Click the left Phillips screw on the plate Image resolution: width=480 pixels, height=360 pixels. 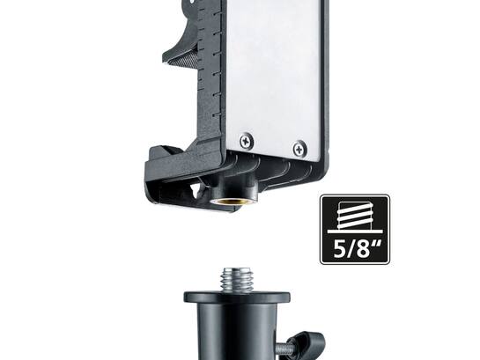point(246,141)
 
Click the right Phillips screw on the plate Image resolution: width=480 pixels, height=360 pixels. point(299,149)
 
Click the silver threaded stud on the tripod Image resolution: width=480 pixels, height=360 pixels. point(237,280)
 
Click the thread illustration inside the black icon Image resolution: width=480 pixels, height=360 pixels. point(355,216)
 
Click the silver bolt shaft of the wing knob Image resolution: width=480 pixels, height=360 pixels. point(284,348)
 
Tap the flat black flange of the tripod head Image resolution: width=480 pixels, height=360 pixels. point(237,297)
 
